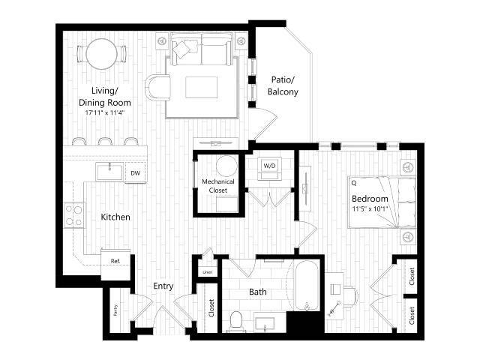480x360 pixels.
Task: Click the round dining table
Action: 100,53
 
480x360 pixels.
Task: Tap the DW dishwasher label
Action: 135,173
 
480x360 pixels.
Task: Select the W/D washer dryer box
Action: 269,165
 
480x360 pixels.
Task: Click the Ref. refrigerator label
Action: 115,261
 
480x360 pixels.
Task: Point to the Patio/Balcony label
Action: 283,86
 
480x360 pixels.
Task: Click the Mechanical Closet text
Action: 217,186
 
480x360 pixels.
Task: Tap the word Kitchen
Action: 116,217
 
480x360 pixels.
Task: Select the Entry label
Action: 163,286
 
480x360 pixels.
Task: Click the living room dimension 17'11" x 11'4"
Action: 106,112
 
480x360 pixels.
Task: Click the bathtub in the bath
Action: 307,285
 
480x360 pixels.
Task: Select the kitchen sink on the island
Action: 109,172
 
